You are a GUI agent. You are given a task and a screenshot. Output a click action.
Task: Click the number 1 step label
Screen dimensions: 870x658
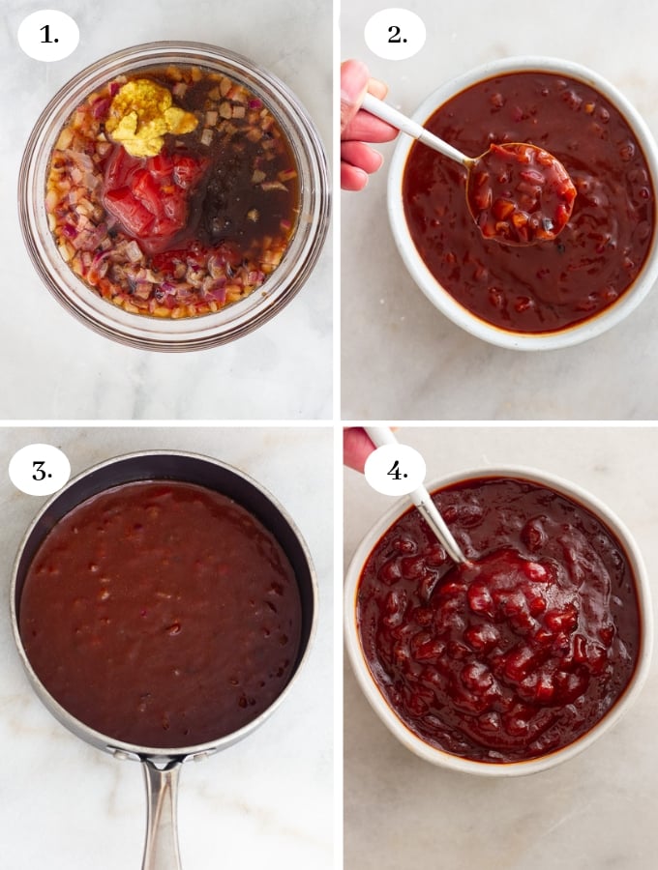tap(48, 36)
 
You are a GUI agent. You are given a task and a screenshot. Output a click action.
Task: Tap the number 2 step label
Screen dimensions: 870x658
tap(395, 34)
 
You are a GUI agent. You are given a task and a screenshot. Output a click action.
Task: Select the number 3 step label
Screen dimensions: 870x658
tap(40, 470)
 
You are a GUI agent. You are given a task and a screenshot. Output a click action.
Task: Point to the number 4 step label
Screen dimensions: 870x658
tap(395, 470)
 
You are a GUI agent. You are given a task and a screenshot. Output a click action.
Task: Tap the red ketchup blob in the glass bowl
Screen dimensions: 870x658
tap(145, 193)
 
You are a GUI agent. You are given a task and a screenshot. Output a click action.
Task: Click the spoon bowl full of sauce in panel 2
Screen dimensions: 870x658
tap(521, 192)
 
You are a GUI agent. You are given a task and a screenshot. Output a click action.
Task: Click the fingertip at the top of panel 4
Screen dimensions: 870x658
tap(358, 447)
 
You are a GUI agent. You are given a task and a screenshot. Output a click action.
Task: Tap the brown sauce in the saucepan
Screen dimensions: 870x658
tap(160, 609)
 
